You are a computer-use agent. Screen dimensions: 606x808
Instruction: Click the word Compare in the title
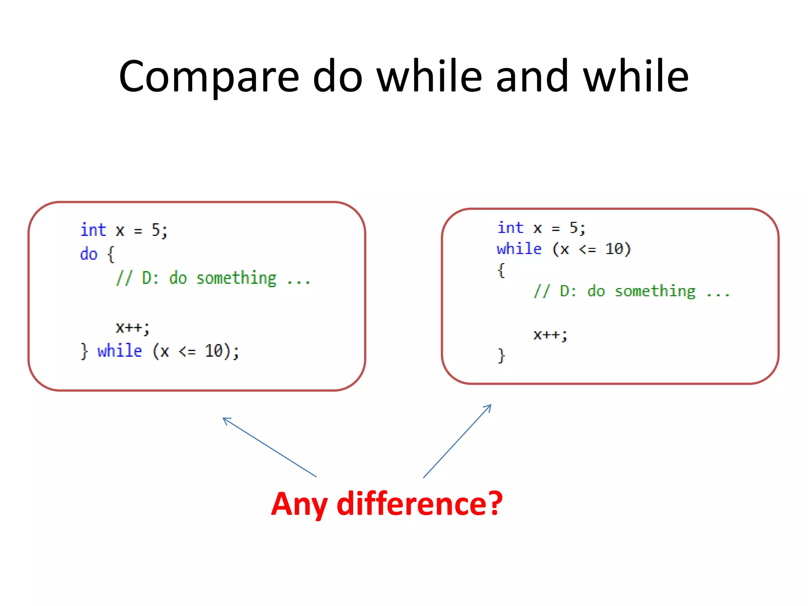pos(209,77)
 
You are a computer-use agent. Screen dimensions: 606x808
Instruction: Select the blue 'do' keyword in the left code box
pos(89,254)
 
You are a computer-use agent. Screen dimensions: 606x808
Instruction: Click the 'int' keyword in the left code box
pos(93,230)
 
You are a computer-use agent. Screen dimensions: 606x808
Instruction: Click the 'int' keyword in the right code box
pos(510,228)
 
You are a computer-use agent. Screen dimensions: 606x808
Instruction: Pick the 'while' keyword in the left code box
pos(120,350)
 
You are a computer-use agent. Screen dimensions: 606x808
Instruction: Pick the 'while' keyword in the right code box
pos(519,249)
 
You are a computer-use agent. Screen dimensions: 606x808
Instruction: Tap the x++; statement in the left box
pos(132,327)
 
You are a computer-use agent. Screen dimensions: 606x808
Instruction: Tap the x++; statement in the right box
pos(550,335)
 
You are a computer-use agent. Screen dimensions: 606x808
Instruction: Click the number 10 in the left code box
pos(214,350)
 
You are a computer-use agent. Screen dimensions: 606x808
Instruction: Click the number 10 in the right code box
pos(614,249)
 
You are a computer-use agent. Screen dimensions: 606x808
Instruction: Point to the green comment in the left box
pos(213,278)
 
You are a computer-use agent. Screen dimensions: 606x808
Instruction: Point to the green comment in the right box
pos(631,292)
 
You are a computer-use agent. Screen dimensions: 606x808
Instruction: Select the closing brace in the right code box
pos(501,355)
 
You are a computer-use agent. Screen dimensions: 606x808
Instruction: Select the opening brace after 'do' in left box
pos(111,254)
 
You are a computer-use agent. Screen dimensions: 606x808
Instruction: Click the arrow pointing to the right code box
pos(457,441)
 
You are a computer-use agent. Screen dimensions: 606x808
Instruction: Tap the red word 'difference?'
pos(420,504)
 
